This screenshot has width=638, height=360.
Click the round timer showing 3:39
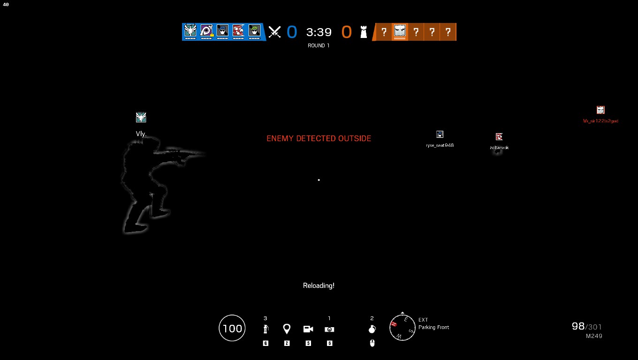(319, 32)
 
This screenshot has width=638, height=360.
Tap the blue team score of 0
(292, 32)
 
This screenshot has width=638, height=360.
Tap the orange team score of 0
(346, 32)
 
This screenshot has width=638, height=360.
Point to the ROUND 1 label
(319, 45)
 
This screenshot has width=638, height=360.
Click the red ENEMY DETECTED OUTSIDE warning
(319, 138)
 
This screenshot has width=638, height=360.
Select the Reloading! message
(319, 285)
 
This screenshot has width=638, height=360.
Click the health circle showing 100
(232, 328)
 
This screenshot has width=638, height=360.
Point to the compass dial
(403, 327)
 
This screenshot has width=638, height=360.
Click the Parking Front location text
(433, 327)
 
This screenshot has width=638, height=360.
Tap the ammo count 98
(578, 326)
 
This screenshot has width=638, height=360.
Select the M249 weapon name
(594, 336)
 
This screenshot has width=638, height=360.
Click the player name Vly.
(141, 134)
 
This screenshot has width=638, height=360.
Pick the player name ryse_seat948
(440, 145)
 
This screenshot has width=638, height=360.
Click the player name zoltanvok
(499, 148)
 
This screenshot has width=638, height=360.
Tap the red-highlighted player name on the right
(600, 121)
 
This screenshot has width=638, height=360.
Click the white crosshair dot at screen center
(319, 180)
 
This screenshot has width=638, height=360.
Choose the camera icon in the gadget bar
(308, 329)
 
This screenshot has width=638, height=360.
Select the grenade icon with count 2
(372, 329)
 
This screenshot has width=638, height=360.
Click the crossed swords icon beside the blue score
(274, 32)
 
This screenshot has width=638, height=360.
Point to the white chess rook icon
(364, 32)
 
